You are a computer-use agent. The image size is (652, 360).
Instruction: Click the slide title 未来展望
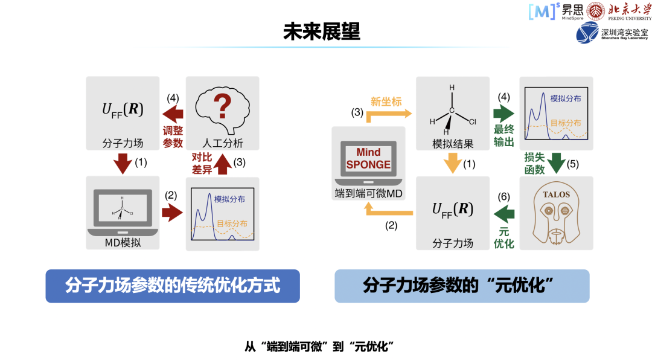point(321,31)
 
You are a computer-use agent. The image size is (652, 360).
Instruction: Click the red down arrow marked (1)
point(123,163)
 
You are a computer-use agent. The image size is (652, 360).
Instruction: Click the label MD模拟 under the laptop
point(123,243)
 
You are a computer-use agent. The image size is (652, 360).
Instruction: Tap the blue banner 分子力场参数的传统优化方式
point(173,286)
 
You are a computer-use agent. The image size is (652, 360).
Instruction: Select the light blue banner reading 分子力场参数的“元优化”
point(462,286)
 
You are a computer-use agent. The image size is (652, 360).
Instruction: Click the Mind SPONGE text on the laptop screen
point(369,159)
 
